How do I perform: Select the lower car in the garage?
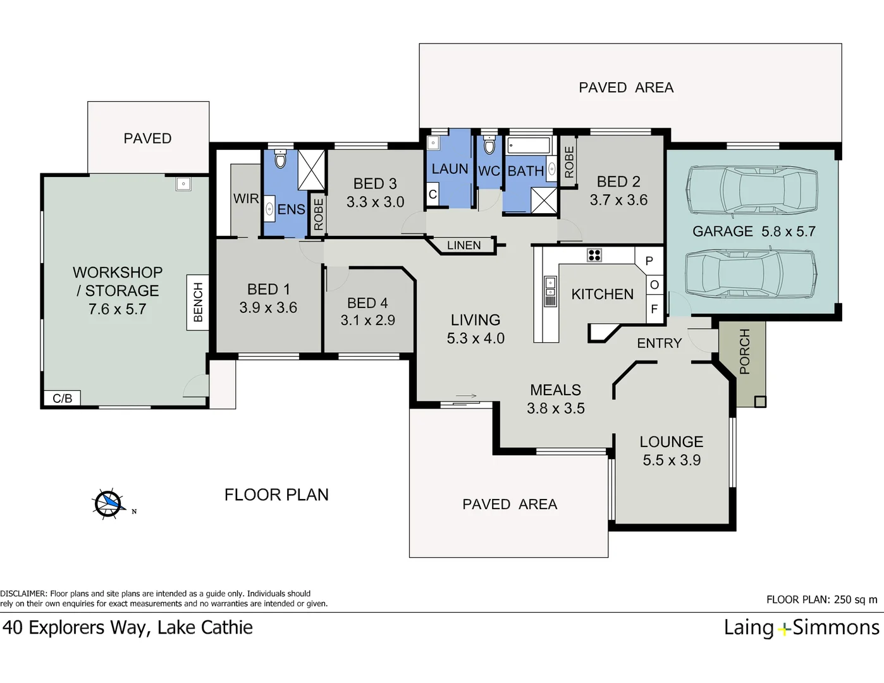[x=750, y=273]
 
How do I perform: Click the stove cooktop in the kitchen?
[x=594, y=255]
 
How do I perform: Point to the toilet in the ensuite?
[x=281, y=159]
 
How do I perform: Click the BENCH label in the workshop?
[x=198, y=302]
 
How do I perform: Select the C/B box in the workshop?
[x=62, y=398]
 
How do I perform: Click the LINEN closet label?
[x=463, y=245]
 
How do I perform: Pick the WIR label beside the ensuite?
[x=245, y=199]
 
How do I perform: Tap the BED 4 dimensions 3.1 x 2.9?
[x=367, y=321]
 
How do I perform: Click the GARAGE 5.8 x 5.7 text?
[x=754, y=231]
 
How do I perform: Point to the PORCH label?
[x=744, y=352]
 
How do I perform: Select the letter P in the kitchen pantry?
[x=649, y=261]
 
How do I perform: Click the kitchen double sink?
[x=550, y=287]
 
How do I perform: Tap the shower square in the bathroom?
[x=544, y=200]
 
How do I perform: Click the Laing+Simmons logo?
[x=801, y=627]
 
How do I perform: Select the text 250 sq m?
[x=856, y=600]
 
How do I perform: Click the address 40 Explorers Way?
[x=76, y=627]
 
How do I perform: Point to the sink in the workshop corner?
[x=183, y=184]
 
